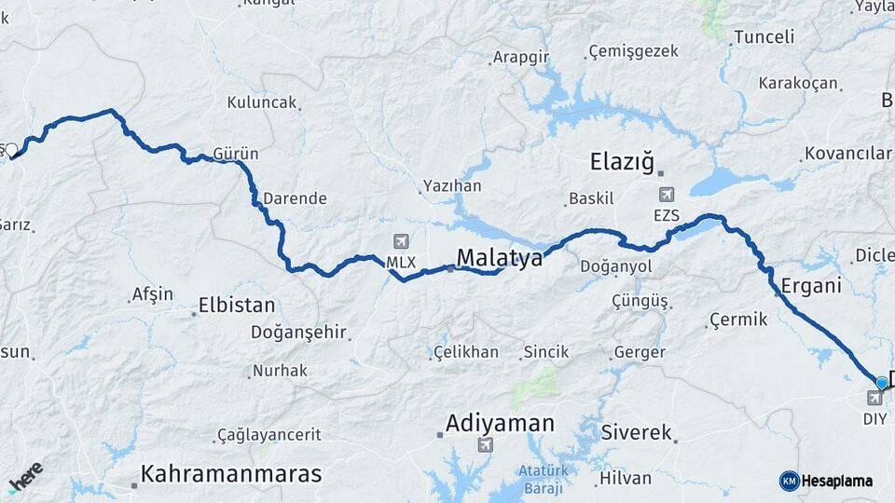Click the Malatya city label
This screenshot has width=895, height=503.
[x=499, y=258]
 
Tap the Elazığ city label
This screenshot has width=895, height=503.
[x=625, y=161]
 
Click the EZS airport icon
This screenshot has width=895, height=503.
[x=667, y=195]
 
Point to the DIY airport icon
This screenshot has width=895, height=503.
[x=874, y=400]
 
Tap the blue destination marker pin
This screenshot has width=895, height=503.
[x=881, y=383]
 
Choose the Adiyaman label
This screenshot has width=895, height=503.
[x=500, y=423]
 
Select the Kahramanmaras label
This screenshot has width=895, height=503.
[x=231, y=473]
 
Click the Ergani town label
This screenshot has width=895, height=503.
[x=811, y=285]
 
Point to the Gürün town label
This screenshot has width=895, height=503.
[x=236, y=154]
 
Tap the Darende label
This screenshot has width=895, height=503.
[x=295, y=198]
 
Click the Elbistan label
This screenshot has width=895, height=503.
[x=237, y=306]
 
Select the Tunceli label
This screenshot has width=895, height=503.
[x=764, y=37]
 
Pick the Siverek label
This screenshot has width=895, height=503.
[x=637, y=432]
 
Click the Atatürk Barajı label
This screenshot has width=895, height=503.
[x=542, y=478]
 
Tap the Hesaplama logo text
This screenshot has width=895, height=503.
[x=836, y=481]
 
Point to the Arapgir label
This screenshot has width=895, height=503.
[x=521, y=57]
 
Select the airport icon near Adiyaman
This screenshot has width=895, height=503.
[x=485, y=444]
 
